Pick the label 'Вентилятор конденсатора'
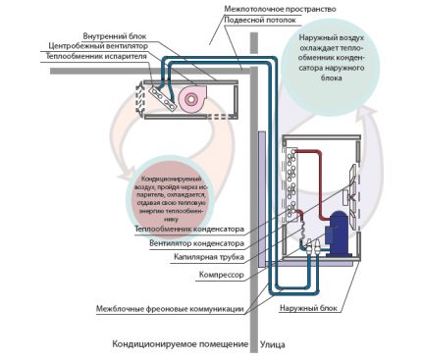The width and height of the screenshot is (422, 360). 193,242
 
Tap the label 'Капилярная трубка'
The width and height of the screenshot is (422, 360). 208,257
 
